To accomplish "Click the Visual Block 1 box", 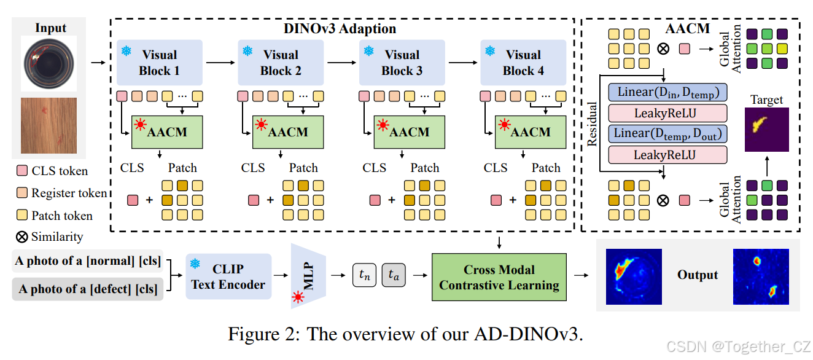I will (x=159, y=63).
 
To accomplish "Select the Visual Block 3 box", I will (x=402, y=63).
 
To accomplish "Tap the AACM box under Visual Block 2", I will (x=288, y=132).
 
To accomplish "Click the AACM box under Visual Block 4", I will (x=531, y=132).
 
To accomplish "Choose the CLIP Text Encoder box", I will (x=228, y=276).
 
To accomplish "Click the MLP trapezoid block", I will (x=307, y=276).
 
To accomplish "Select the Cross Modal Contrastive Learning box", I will (x=499, y=277).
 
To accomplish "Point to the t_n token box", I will (x=364, y=276).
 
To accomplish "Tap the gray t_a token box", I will (x=394, y=276).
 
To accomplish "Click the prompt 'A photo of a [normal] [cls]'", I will (x=88, y=261).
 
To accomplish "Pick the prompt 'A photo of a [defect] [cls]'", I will (x=88, y=289).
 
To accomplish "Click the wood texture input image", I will (x=49, y=125).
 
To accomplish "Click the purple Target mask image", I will (x=766, y=129).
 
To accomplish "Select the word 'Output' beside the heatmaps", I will (x=698, y=275).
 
